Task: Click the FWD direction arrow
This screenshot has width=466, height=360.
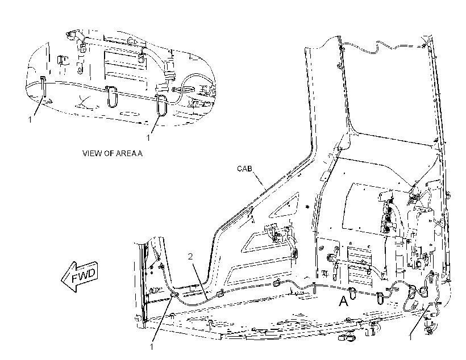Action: (x=80, y=277)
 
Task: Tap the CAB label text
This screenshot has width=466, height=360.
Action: (x=244, y=169)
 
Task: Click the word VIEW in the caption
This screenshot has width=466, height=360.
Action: (x=89, y=153)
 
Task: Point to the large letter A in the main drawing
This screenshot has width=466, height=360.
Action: (x=343, y=301)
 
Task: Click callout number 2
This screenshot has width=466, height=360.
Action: (x=190, y=256)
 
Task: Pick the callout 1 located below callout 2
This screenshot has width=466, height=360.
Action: (x=152, y=346)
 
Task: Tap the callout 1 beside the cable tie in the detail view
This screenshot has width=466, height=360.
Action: (x=30, y=119)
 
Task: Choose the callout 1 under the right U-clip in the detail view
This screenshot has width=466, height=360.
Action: (x=148, y=138)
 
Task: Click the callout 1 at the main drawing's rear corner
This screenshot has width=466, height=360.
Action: (x=410, y=337)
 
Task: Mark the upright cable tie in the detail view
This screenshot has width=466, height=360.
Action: (x=44, y=86)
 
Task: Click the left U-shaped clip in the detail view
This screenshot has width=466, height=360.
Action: (x=111, y=97)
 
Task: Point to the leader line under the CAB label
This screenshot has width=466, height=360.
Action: (x=260, y=181)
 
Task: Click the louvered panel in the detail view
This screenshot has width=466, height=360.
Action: (x=125, y=70)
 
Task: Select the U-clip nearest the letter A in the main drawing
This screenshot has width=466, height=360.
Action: (x=352, y=293)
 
